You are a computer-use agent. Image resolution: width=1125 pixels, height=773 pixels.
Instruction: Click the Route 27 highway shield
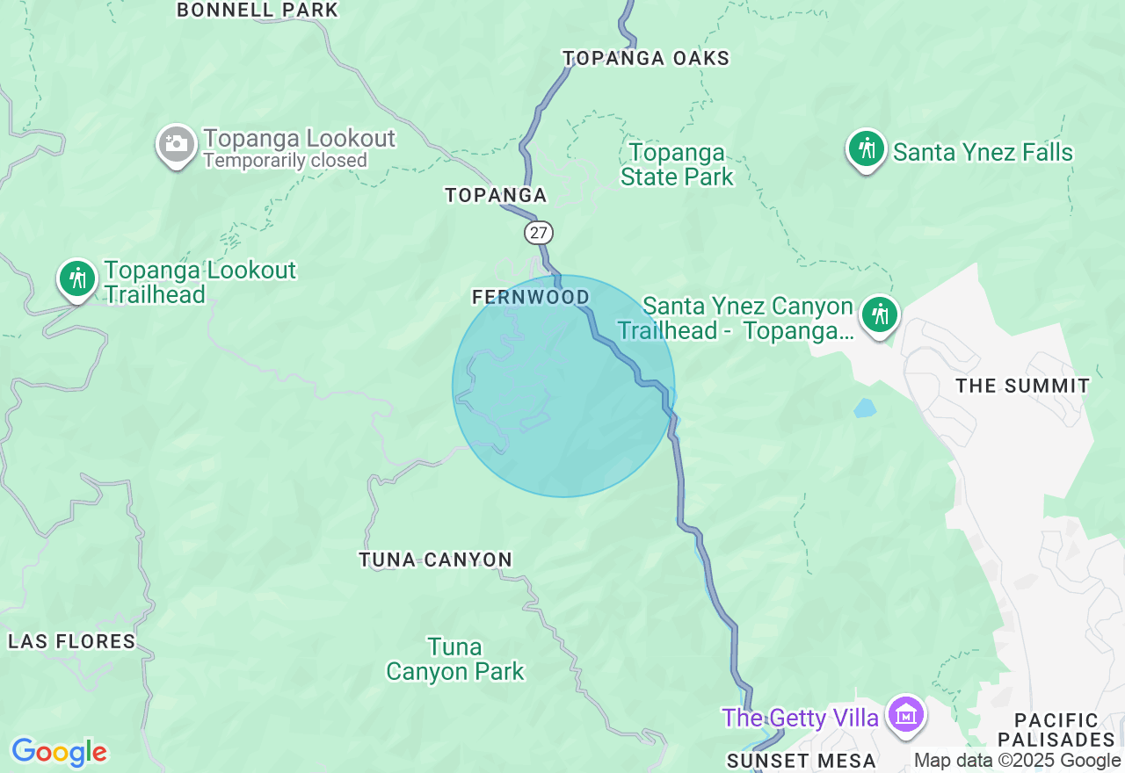coord(539,233)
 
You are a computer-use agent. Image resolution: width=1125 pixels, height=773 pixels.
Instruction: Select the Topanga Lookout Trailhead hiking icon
coord(77,278)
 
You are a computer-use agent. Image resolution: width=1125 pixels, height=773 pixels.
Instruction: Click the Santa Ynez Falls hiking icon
coord(867,149)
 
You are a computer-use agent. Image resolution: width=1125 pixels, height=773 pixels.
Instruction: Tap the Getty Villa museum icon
coord(905,715)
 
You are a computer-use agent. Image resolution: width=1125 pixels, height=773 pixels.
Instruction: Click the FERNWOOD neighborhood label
coord(531,297)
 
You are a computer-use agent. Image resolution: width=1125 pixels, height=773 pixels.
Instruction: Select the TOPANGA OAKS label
coord(646,58)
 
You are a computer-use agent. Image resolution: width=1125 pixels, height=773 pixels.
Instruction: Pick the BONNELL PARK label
coord(258,11)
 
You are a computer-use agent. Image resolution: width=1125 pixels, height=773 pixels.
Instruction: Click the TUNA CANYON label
coord(435,560)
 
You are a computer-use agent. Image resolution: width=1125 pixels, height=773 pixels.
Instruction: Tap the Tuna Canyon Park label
coord(455,660)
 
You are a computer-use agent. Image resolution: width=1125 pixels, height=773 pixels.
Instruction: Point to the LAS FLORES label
coord(72,641)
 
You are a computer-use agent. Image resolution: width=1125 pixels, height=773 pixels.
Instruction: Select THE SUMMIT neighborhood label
coord(1022,386)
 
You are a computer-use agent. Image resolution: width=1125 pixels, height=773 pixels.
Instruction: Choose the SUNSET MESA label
coord(802,761)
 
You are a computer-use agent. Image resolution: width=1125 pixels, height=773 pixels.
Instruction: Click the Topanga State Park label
coord(677,164)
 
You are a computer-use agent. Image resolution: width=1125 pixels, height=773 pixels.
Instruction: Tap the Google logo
coord(59,753)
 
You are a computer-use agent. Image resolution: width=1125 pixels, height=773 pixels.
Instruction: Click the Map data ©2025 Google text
coord(1017,761)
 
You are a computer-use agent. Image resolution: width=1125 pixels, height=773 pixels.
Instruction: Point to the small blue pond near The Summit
coord(865,408)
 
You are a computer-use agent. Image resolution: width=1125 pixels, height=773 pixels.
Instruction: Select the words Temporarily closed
coord(285,161)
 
